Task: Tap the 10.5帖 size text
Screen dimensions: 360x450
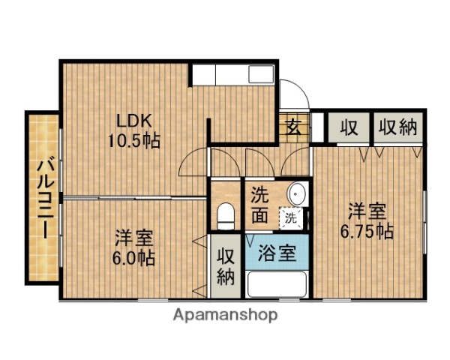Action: (135, 140)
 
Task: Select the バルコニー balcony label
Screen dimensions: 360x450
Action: (43, 196)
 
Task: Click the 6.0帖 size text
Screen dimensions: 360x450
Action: (135, 259)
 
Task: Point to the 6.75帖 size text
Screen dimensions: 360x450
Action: (367, 230)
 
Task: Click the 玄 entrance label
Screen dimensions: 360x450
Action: (292, 126)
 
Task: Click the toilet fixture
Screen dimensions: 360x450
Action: (224, 216)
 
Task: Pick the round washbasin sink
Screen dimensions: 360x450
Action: (298, 193)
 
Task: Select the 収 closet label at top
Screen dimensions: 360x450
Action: (348, 127)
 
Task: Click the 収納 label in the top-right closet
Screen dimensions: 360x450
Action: (397, 127)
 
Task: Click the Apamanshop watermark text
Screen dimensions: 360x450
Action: (226, 314)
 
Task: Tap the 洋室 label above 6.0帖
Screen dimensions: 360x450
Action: (135, 239)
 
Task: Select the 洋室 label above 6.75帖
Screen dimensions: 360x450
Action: (367, 211)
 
